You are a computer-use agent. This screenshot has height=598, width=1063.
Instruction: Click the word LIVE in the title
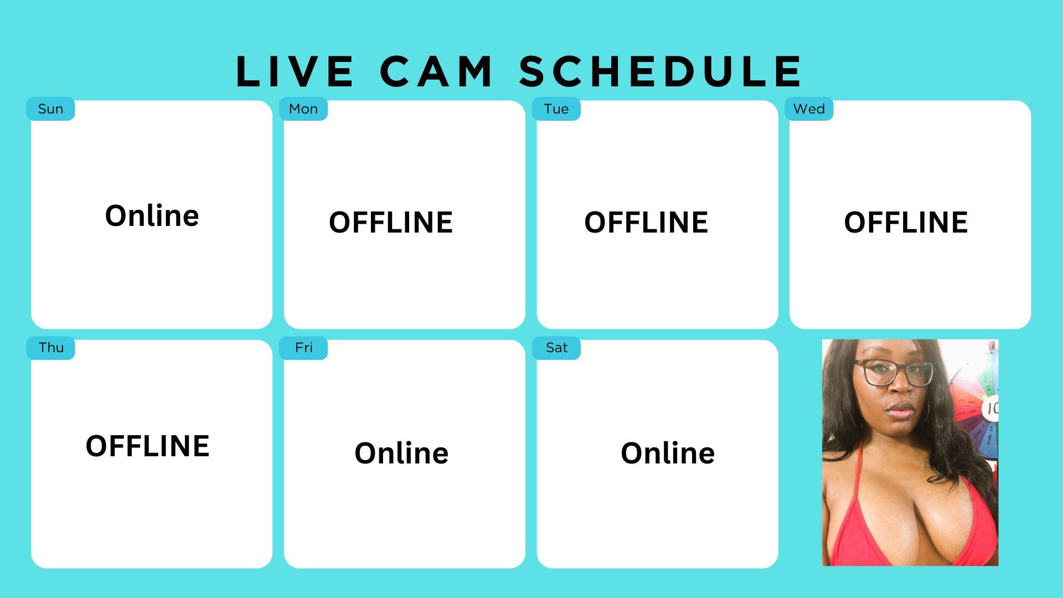(x=295, y=71)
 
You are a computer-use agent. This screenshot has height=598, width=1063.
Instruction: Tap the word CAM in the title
(x=436, y=71)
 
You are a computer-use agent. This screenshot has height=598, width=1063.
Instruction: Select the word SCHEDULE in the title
(x=660, y=71)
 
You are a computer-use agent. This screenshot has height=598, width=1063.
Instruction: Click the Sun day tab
(x=50, y=109)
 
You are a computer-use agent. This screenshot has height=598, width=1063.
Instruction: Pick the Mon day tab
(x=303, y=109)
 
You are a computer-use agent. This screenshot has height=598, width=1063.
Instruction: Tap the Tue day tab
(x=556, y=109)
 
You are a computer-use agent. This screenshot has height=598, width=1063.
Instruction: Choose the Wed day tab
(x=809, y=109)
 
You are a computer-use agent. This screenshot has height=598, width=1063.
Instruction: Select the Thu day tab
(x=50, y=348)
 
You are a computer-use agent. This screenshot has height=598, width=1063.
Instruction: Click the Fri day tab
(x=303, y=348)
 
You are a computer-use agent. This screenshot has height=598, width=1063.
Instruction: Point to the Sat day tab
(x=556, y=348)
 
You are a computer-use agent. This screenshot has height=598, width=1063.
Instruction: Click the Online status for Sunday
(x=152, y=215)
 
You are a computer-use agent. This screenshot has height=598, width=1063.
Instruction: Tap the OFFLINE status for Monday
(x=391, y=223)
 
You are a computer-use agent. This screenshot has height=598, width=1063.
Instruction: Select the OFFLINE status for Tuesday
(x=646, y=223)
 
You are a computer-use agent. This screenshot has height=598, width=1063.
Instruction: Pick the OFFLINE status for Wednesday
(x=906, y=223)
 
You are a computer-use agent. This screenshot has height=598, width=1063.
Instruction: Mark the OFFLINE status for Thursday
(x=148, y=446)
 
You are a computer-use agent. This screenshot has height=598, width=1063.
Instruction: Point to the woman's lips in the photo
(x=901, y=410)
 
